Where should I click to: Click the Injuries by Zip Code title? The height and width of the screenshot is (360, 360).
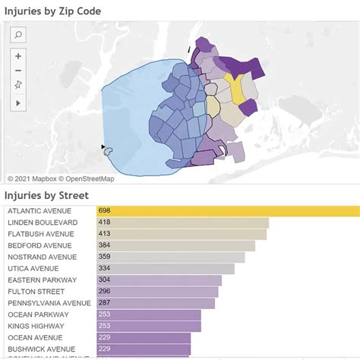(x=53, y=11)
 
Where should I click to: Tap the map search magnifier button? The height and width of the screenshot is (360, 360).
(x=19, y=34)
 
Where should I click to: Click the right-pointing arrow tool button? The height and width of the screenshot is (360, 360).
(x=19, y=102)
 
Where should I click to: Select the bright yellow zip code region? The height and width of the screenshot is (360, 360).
(x=238, y=90)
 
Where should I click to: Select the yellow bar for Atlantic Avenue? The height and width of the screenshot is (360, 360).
(x=228, y=210)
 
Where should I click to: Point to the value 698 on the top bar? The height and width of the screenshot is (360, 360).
(x=105, y=210)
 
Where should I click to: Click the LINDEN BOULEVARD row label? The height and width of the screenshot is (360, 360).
(x=42, y=223)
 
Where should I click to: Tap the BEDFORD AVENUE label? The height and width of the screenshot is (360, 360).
(x=39, y=246)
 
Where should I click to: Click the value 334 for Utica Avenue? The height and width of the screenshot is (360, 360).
(x=105, y=269)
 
